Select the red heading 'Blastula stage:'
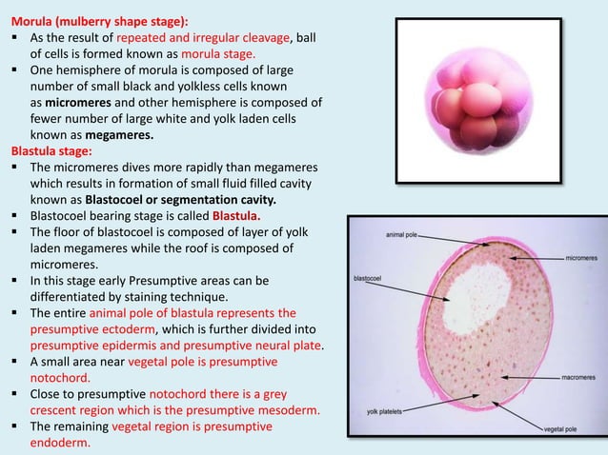[51, 150]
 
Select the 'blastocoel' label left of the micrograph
[369, 279]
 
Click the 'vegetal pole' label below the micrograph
[563, 429]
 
